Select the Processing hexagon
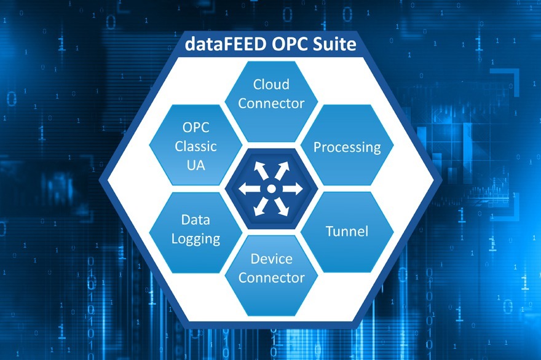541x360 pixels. click(x=347, y=147)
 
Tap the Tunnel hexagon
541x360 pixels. click(x=347, y=231)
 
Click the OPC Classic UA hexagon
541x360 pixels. click(x=195, y=146)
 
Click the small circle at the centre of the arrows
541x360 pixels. click(x=271, y=189)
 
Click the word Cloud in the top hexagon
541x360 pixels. click(x=271, y=84)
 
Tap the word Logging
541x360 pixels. click(x=195, y=239)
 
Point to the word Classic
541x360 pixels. click(x=195, y=146)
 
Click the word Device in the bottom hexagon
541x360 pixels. click(x=271, y=259)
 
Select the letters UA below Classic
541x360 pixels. click(x=195, y=165)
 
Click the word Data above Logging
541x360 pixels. click(x=195, y=219)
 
